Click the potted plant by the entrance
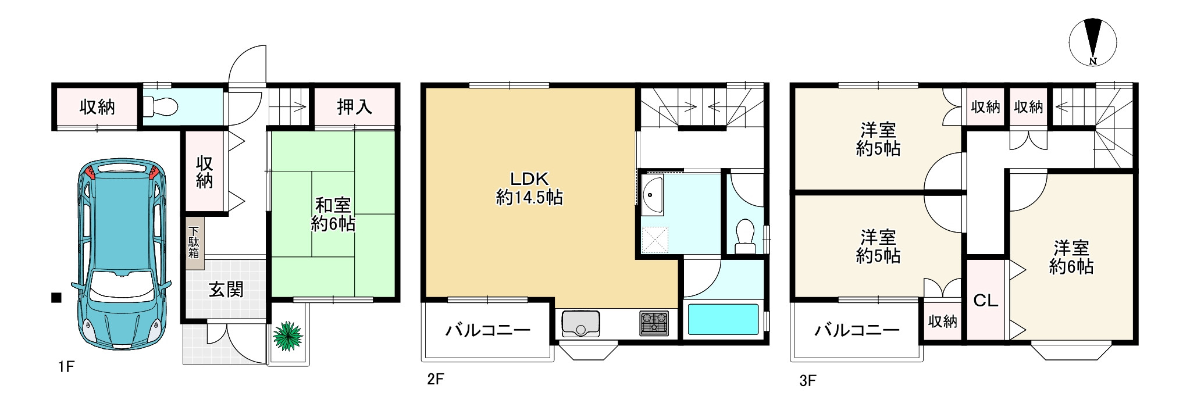click(x=288, y=337)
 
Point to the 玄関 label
click(x=226, y=289)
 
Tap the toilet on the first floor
click(x=161, y=106)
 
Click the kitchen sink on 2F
click(x=580, y=324)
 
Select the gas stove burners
click(x=654, y=324)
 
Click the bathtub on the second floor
click(x=724, y=320)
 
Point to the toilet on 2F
click(x=744, y=234)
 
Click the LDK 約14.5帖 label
click(x=529, y=188)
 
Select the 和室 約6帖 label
click(x=333, y=214)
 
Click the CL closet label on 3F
click(x=985, y=301)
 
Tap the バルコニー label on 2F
click(x=488, y=331)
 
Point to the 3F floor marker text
click(x=807, y=381)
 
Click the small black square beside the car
click(x=56, y=298)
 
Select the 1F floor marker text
click(x=66, y=367)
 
